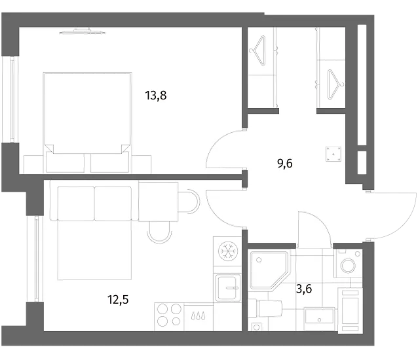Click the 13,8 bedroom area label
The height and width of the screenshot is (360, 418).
click(156, 96)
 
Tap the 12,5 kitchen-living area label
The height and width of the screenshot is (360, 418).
click(118, 300)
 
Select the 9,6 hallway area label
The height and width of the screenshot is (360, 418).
click(285, 163)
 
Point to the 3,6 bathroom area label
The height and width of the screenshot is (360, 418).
click(304, 289)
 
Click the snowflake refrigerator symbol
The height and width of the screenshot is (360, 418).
click(227, 251)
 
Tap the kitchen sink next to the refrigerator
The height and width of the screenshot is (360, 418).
click(227, 288)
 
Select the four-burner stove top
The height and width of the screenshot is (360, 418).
click(169, 315)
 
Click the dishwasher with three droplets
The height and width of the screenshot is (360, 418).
click(199, 317)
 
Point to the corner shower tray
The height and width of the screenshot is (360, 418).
click(269, 270)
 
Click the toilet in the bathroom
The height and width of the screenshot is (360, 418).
click(266, 308)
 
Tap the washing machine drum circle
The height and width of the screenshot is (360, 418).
click(349, 265)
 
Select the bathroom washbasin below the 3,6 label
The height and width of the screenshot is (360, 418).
click(319, 315)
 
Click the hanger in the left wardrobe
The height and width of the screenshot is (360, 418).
click(258, 51)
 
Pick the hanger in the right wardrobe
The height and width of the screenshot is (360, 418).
click(335, 84)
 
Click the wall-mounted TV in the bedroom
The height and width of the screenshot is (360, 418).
click(83, 31)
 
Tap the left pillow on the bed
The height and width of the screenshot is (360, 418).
click(65, 162)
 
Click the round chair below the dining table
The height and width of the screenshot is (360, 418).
click(159, 232)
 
